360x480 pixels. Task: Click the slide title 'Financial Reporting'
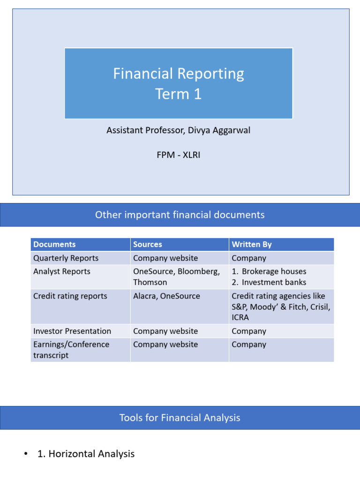(179, 74)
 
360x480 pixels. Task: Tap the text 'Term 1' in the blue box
(179, 94)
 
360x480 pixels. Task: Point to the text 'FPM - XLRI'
(179, 155)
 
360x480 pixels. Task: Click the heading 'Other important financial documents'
(180, 215)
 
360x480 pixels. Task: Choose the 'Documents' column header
(54, 244)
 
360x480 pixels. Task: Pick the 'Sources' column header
(148, 244)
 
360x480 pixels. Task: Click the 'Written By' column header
(252, 244)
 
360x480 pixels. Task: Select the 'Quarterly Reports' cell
(66, 258)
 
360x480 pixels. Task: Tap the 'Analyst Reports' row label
(62, 271)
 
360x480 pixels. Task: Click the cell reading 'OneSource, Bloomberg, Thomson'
(176, 277)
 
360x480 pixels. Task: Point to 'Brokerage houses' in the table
(274, 271)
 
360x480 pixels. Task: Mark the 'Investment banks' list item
(274, 282)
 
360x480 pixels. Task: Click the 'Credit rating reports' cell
(70, 296)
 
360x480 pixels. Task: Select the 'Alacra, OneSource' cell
(166, 296)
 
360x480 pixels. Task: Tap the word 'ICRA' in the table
(240, 317)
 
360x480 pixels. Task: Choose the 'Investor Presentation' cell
(72, 331)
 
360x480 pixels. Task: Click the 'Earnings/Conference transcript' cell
(71, 350)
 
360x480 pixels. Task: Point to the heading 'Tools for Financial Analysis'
(180, 418)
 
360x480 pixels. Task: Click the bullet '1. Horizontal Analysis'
(86, 454)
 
